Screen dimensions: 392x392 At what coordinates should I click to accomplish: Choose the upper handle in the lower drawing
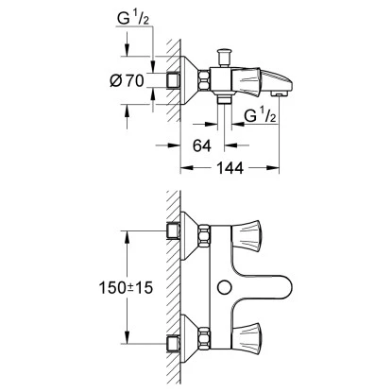(x=264, y=230)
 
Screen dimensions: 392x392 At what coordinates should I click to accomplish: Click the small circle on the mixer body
(x=224, y=286)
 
